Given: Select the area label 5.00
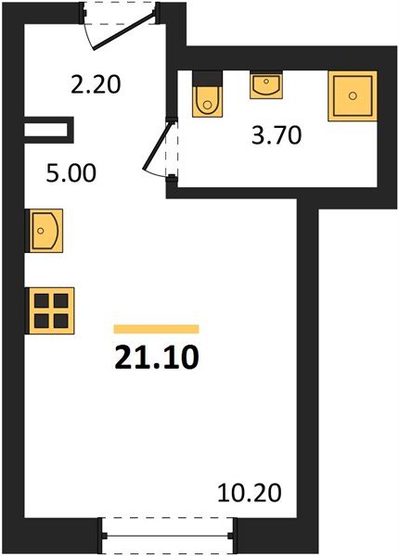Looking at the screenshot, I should tap(74, 173).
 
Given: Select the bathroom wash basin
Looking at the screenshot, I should tap(266, 86).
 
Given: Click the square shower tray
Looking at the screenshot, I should tap(353, 95).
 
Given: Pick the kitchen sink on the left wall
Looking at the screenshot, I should tap(45, 230).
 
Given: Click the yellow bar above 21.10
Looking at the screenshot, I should tap(156, 329).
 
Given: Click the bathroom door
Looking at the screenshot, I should tap(161, 148).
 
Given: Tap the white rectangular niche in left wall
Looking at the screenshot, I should tap(46, 128).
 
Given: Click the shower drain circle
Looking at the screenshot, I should tap(353, 95).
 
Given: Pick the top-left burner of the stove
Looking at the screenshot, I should tap(41, 300).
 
